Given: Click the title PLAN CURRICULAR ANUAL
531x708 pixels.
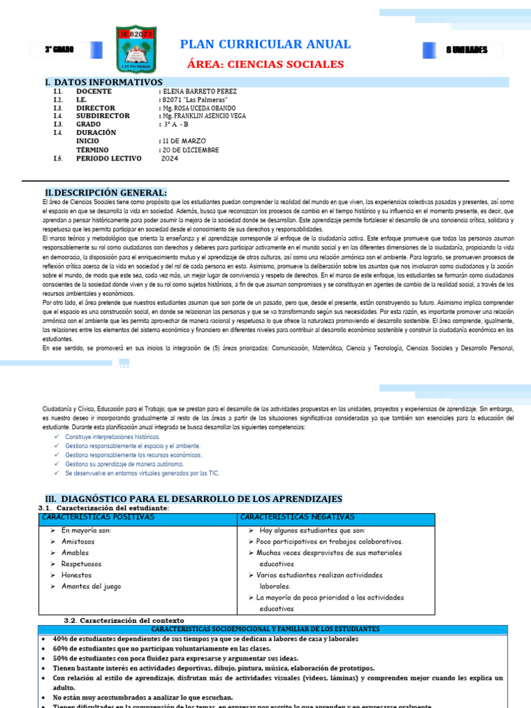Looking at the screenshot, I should click(x=265, y=44).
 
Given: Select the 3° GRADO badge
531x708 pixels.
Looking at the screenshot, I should click(x=59, y=50).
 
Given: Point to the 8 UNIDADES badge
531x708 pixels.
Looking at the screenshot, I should click(x=466, y=50).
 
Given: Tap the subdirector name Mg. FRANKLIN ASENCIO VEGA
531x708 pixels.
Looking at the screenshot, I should click(x=205, y=116).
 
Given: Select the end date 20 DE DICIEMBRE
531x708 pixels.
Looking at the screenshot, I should click(x=190, y=150).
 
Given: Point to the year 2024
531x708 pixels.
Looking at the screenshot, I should click(x=169, y=158).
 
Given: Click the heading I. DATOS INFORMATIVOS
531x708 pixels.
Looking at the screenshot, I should click(x=104, y=82).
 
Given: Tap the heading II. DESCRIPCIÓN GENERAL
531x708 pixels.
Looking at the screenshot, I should click(x=106, y=192).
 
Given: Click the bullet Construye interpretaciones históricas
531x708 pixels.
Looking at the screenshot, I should click(x=112, y=437).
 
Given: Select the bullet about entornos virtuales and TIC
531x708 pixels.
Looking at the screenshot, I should click(x=131, y=474).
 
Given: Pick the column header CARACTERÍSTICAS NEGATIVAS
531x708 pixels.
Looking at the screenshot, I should click(x=297, y=517).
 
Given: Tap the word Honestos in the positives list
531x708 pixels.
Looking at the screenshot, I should click(x=76, y=575).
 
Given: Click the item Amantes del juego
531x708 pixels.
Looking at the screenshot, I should click(x=91, y=586).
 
